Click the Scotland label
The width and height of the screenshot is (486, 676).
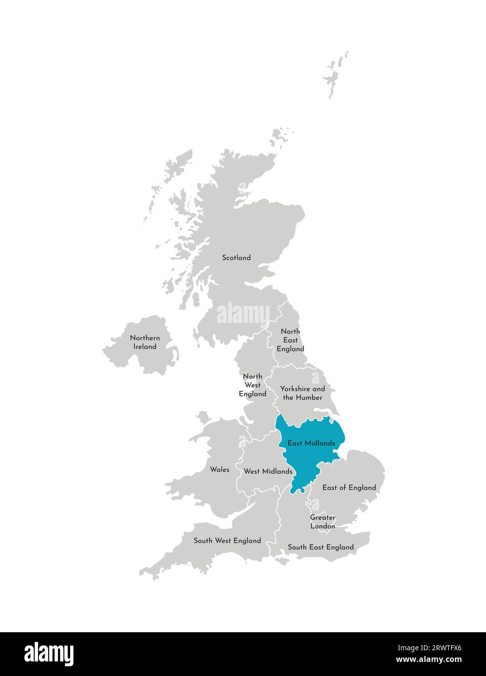pos(236,258)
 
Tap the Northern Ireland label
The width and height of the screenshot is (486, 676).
pos(145,342)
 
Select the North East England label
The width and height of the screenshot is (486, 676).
pos(290,340)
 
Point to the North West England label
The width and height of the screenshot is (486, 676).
pos(252,385)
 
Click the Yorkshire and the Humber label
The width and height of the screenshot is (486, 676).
pos(303,393)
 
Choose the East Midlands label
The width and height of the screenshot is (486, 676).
pos(311,443)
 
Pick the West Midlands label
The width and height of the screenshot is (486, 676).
pos(268,471)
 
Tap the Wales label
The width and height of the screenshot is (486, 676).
pos(220,469)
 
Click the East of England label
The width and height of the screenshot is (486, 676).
pos(349,487)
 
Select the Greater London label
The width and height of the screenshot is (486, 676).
pos(323,522)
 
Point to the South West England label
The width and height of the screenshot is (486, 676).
pos(227,540)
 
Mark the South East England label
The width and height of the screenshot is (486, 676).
pos(321,547)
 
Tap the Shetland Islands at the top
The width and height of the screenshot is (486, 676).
pos(335,75)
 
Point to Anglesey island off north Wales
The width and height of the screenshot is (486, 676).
pos(203,417)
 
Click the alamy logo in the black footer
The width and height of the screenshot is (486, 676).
pos(49,654)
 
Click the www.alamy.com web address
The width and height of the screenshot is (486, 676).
pos(429,660)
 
